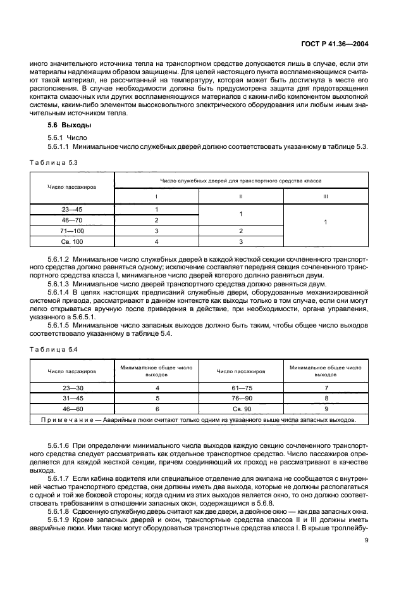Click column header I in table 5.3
click(156, 196)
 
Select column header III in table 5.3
click(325, 196)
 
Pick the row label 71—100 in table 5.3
click(71, 232)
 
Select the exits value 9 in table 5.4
click(326, 409)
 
